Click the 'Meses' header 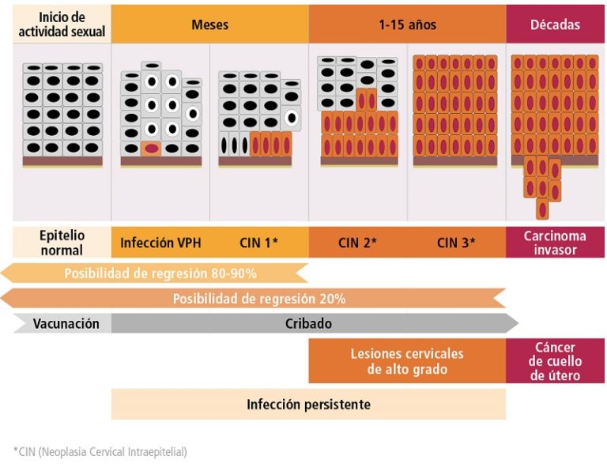tap(209, 25)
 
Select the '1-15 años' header tap(407, 25)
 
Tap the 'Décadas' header tap(556, 25)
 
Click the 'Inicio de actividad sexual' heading tap(62, 24)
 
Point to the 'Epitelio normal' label tap(62, 243)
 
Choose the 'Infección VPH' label tap(160, 243)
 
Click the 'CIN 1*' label tap(258, 243)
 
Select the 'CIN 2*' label tap(357, 243)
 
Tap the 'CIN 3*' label tap(456, 243)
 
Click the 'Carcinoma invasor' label tap(555, 243)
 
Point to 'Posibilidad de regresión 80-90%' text tap(160, 273)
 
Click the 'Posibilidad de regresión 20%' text tap(259, 299)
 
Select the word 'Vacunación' tap(66, 323)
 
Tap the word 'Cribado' tap(308, 323)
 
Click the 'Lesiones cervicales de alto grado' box tap(407, 361)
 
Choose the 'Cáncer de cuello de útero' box tap(555, 361)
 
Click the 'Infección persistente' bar tap(308, 405)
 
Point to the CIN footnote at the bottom tap(100, 452)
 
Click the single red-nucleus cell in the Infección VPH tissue tap(151, 148)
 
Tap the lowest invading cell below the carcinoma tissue tap(542, 209)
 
